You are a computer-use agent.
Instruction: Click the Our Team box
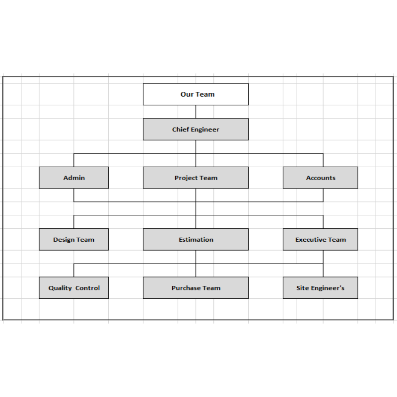(x=196, y=94)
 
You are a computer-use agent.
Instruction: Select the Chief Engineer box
(x=196, y=130)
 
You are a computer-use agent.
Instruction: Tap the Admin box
(x=73, y=178)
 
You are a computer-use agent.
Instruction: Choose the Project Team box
(x=196, y=178)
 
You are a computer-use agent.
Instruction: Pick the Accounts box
(x=321, y=178)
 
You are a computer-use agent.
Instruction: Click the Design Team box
(x=73, y=240)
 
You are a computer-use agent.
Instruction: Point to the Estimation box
(x=196, y=240)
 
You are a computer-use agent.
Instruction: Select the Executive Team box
(x=321, y=240)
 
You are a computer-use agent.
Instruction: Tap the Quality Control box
(x=73, y=288)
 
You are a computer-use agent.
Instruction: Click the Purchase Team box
(x=196, y=288)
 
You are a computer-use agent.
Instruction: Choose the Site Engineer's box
(x=321, y=288)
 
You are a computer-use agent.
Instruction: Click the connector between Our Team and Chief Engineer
(x=196, y=112)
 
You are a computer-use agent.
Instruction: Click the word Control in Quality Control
(x=88, y=288)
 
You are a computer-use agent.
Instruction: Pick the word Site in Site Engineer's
(x=303, y=288)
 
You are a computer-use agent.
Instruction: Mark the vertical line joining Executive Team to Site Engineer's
(x=323, y=264)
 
